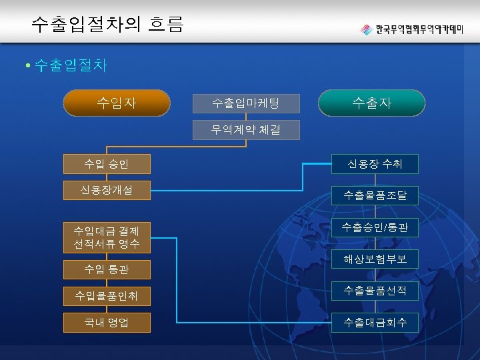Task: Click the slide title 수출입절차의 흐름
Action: pyautogui.click(x=107, y=25)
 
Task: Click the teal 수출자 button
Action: pyautogui.click(x=371, y=103)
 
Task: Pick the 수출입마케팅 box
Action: pyautogui.click(x=246, y=103)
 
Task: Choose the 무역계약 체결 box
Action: pyautogui.click(x=246, y=130)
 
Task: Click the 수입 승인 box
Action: pyautogui.click(x=107, y=163)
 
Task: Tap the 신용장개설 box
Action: pyautogui.click(x=107, y=190)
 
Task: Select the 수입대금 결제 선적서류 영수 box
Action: pyautogui.click(x=107, y=237)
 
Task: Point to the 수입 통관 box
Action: pyautogui.click(x=107, y=269)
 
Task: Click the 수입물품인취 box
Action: pyautogui.click(x=107, y=295)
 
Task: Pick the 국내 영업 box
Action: pyautogui.click(x=107, y=323)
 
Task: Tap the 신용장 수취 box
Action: pyautogui.click(x=375, y=164)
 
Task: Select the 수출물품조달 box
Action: pyautogui.click(x=375, y=195)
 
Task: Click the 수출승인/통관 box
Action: pyautogui.click(x=375, y=228)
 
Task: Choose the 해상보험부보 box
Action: pyautogui.click(x=375, y=259)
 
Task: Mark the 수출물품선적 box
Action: pyautogui.click(x=375, y=291)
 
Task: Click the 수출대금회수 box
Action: pyautogui.click(x=375, y=323)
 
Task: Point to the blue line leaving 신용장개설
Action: pyautogui.click(x=227, y=192)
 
